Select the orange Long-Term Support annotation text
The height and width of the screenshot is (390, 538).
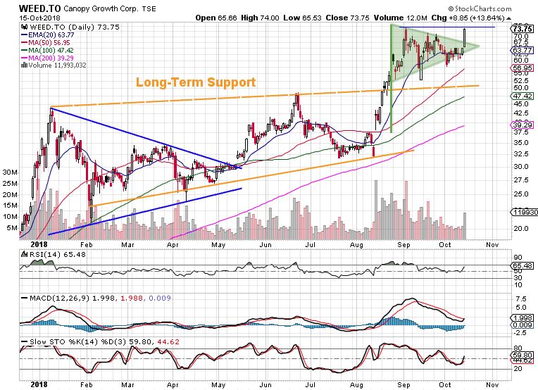pyautogui.click(x=196, y=82)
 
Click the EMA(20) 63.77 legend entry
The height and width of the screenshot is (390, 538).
pyautogui.click(x=50, y=34)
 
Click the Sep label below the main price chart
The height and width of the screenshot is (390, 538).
pyautogui.click(x=403, y=244)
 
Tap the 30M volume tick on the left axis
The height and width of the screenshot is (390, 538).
pyautogui.click(x=10, y=171)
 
